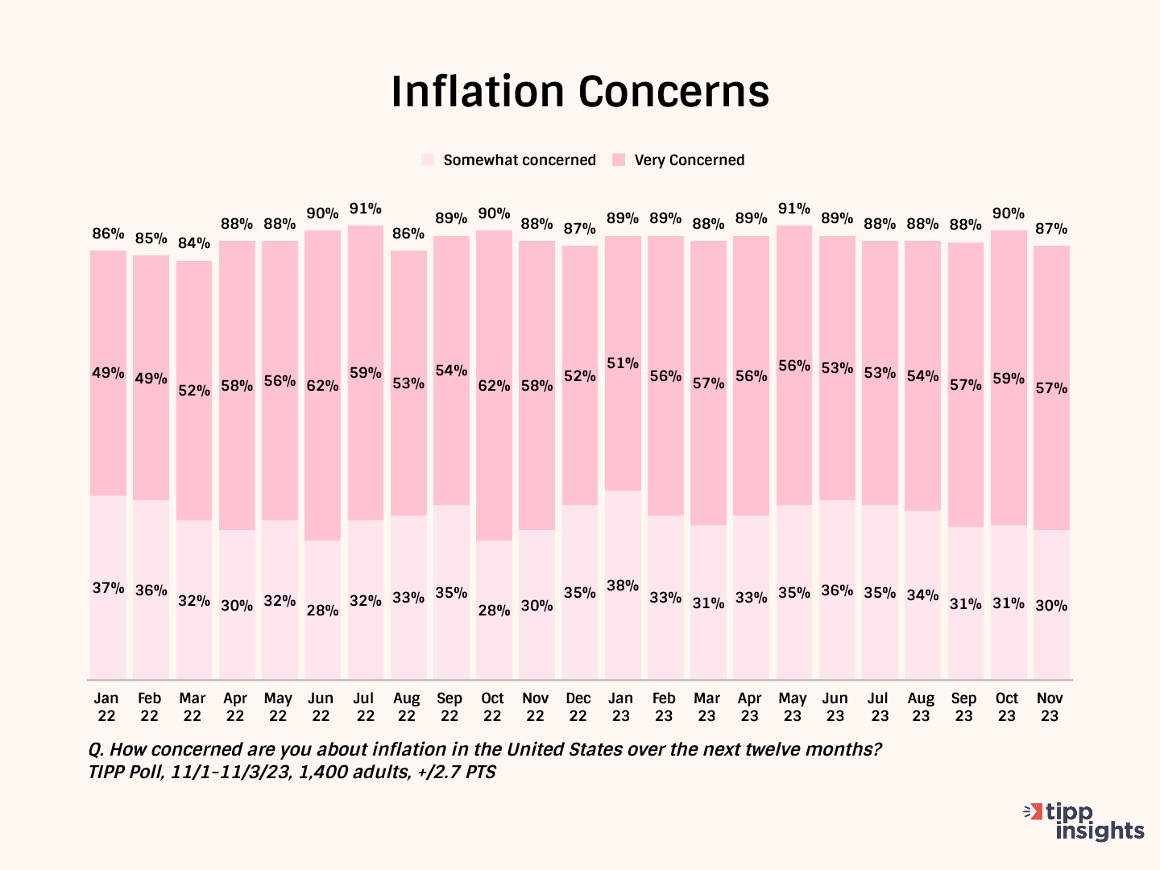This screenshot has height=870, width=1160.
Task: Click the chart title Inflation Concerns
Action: [580, 92]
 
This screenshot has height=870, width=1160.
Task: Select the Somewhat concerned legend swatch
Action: [428, 159]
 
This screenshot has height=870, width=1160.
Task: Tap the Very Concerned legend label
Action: [689, 159]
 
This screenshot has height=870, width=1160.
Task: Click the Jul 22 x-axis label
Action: [364, 707]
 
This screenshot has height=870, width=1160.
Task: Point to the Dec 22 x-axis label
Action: [578, 707]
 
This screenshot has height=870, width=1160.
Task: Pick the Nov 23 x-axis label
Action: [1050, 707]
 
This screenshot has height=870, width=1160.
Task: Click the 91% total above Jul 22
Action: [365, 209]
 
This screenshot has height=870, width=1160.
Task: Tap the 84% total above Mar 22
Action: [193, 243]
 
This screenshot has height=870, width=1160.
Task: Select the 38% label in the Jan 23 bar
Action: [623, 586]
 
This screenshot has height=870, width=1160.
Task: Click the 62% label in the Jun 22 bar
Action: [322, 386]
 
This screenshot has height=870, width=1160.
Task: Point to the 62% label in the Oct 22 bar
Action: [494, 386]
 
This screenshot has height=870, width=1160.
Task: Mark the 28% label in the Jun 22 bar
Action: [322, 611]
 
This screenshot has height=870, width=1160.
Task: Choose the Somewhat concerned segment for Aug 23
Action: [922, 636]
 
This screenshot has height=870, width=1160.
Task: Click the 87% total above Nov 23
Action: [1051, 229]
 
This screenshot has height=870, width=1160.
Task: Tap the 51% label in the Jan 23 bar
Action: [623, 363]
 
